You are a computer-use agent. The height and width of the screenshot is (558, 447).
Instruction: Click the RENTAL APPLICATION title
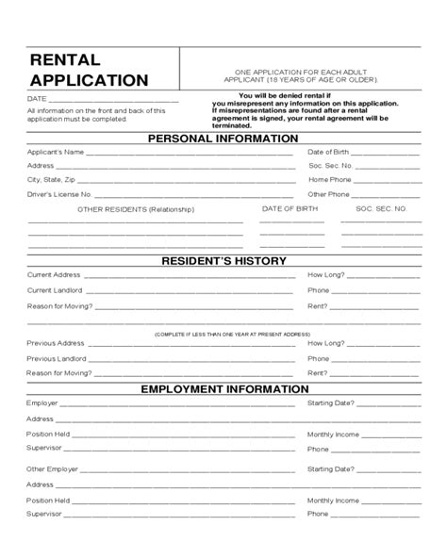point(89,71)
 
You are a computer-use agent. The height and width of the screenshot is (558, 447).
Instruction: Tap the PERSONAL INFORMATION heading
point(223,139)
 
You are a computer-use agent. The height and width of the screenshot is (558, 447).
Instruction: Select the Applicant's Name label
point(56,152)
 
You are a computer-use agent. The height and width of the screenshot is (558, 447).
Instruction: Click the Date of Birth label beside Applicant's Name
point(329,152)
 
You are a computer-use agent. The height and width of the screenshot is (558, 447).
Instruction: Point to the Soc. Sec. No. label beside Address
point(330,165)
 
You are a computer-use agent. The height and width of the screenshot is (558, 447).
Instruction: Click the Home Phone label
point(329,179)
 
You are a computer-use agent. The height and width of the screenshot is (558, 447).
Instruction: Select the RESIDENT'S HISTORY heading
point(223,261)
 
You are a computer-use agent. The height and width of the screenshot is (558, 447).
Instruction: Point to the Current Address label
point(54,275)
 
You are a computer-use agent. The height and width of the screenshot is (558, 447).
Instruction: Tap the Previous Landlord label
point(58,358)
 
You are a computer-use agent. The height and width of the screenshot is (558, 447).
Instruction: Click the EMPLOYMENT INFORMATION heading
point(223,388)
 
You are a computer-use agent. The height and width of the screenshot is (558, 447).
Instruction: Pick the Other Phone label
point(329,194)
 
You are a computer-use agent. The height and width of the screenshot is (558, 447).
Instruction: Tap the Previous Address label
point(56,343)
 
